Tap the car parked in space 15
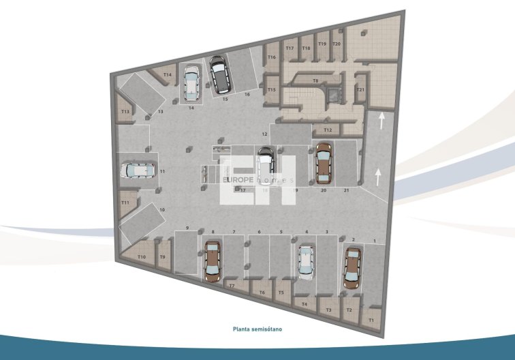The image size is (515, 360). click(x=219, y=74)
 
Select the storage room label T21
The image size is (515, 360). click(x=361, y=90)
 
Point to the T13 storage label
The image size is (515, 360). click(x=125, y=111)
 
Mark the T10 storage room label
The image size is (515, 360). click(x=142, y=256)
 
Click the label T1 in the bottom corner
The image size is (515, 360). click(x=371, y=319)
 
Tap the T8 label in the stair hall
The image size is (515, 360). click(x=315, y=81)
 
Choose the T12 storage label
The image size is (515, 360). click(x=327, y=130)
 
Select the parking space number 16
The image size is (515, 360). click(x=247, y=94)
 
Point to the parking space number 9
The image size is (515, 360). click(x=187, y=228)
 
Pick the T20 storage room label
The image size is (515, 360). click(x=337, y=44)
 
